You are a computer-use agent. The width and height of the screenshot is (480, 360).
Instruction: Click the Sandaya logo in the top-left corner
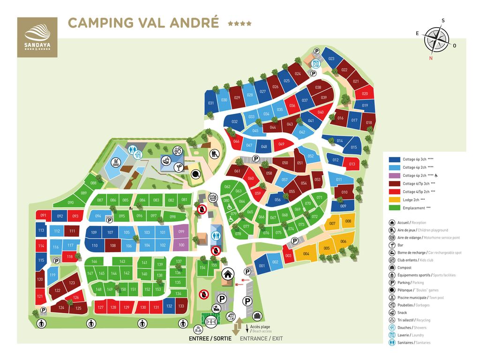point(37,37)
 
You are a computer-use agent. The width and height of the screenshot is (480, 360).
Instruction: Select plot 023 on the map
point(331,59)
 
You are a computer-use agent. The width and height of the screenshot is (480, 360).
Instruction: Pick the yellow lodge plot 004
point(306,254)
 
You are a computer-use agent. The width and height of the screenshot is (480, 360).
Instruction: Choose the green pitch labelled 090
point(71,202)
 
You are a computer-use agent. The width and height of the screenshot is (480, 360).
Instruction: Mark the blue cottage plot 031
point(211,103)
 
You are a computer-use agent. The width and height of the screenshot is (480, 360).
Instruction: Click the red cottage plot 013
point(352,164)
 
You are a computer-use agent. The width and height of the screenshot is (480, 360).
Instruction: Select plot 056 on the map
point(277,200)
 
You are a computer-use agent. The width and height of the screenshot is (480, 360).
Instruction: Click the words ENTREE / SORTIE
point(210,338)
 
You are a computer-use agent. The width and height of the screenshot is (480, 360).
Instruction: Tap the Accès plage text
point(260,327)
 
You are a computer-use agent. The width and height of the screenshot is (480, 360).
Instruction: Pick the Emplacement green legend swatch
point(394,207)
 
